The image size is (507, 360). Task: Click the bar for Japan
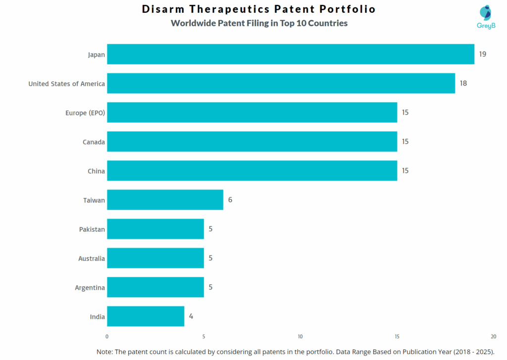tap(290, 54)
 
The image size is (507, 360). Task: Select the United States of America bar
tap(281, 83)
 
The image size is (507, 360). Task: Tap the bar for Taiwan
tap(165, 200)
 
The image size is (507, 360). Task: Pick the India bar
tap(146, 316)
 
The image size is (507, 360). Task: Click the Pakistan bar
tap(155, 229)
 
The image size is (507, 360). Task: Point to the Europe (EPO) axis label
tap(85, 113)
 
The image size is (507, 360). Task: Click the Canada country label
tap(94, 142)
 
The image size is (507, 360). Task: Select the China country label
tap(96, 171)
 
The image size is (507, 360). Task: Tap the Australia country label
tap(92, 258)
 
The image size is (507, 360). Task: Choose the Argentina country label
tap(90, 288)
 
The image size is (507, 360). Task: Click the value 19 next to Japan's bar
tap(482, 54)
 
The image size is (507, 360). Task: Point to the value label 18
tap(463, 83)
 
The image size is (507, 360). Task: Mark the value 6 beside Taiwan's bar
tap(230, 200)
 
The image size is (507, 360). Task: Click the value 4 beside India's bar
tap(191, 316)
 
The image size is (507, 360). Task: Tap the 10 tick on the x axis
tap(300, 337)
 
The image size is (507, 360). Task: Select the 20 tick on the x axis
tap(493, 337)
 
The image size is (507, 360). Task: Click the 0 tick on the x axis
tap(107, 337)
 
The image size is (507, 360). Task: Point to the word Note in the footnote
tap(104, 352)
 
